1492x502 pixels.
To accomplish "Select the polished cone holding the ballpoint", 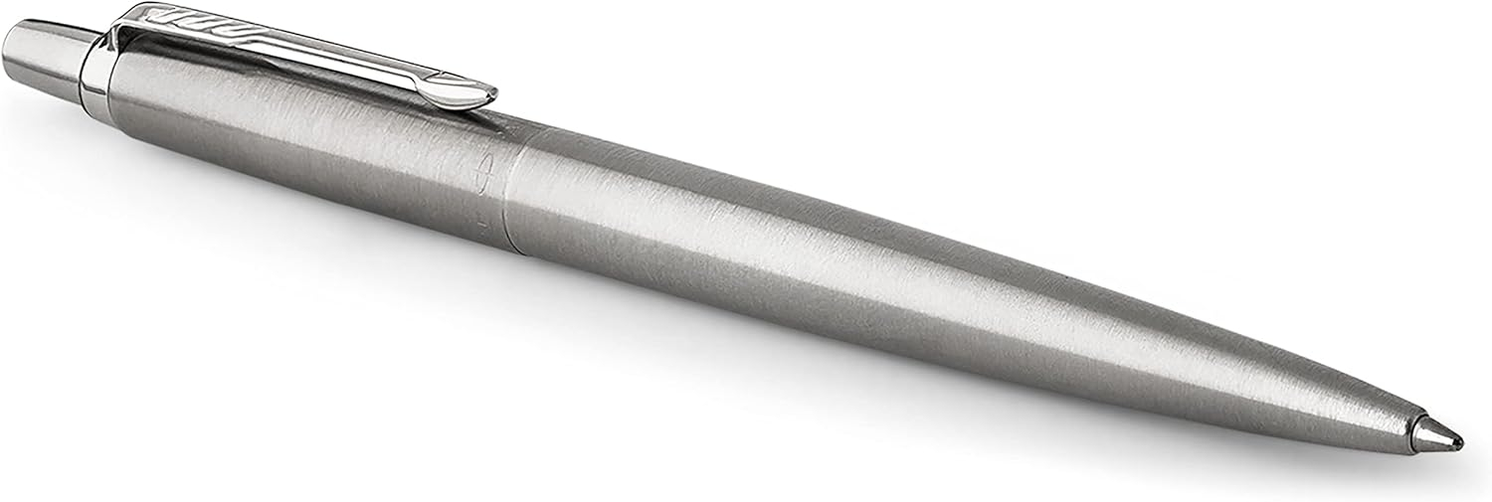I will click(1432, 429).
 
